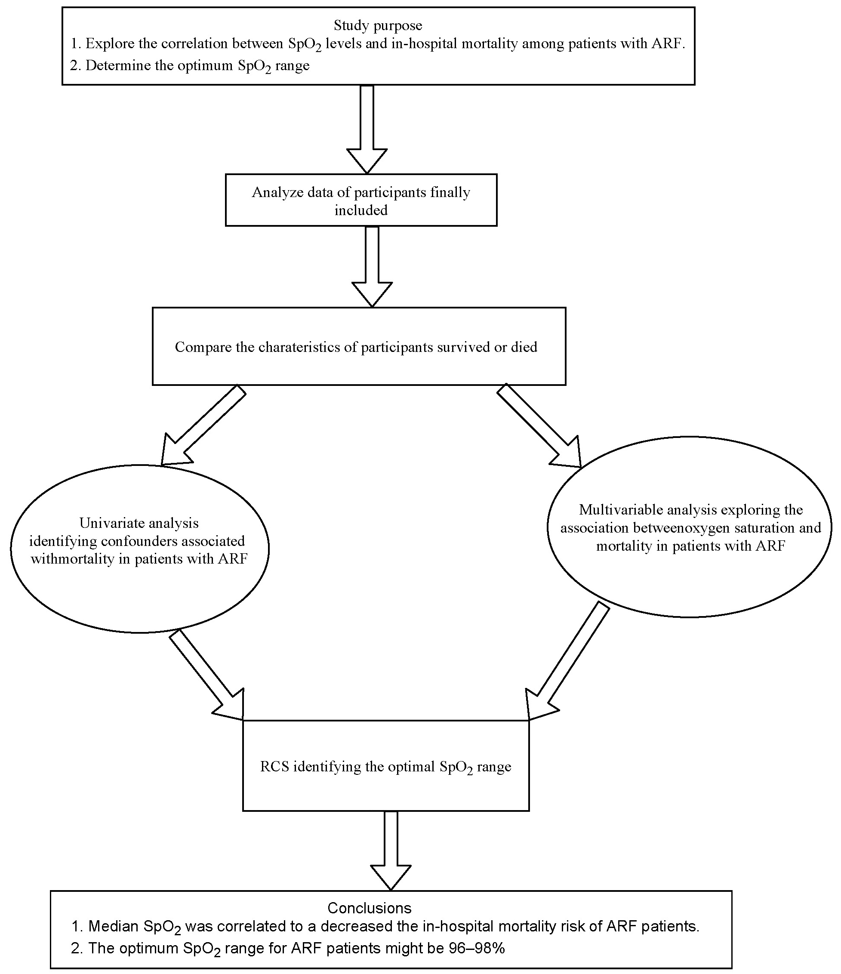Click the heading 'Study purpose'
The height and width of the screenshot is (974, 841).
(x=378, y=25)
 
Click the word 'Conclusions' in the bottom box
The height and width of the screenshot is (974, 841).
(x=369, y=908)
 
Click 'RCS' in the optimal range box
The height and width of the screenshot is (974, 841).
(x=275, y=767)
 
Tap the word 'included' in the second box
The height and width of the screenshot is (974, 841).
(x=361, y=210)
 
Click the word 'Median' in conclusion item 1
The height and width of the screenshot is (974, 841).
(x=113, y=927)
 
